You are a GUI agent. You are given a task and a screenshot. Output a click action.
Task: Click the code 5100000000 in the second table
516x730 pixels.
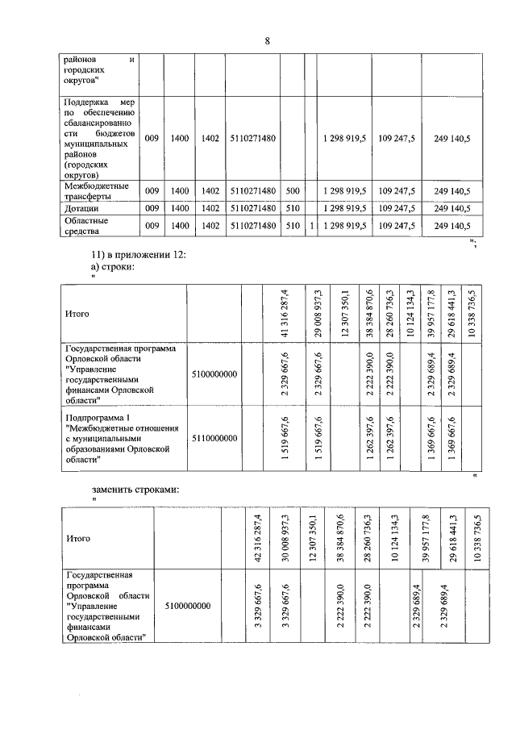(215, 374)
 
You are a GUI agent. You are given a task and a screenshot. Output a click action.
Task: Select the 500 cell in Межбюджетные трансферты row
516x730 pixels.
(293, 190)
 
